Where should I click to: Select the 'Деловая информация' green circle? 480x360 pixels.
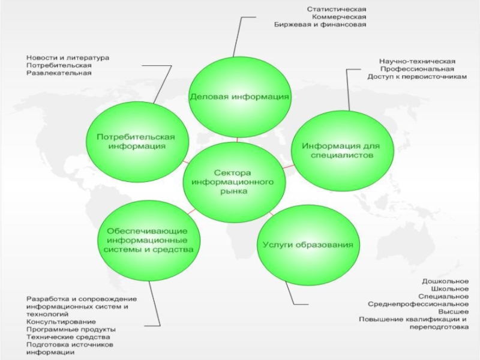(x=239, y=97)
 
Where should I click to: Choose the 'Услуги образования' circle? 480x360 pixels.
(x=308, y=245)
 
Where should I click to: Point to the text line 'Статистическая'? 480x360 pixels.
(x=336, y=9)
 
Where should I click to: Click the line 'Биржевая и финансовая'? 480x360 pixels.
(x=320, y=25)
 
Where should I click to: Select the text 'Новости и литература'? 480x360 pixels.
(x=68, y=58)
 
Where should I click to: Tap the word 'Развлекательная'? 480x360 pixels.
(x=59, y=73)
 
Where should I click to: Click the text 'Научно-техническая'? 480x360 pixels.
(x=416, y=61)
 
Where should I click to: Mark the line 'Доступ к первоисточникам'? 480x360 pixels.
(x=416, y=77)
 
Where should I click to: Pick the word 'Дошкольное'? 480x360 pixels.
(x=445, y=281)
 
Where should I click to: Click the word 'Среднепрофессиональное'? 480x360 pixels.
(x=418, y=304)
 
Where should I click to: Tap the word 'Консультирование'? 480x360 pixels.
(x=61, y=322)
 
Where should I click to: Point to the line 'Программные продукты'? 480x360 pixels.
(x=71, y=330)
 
